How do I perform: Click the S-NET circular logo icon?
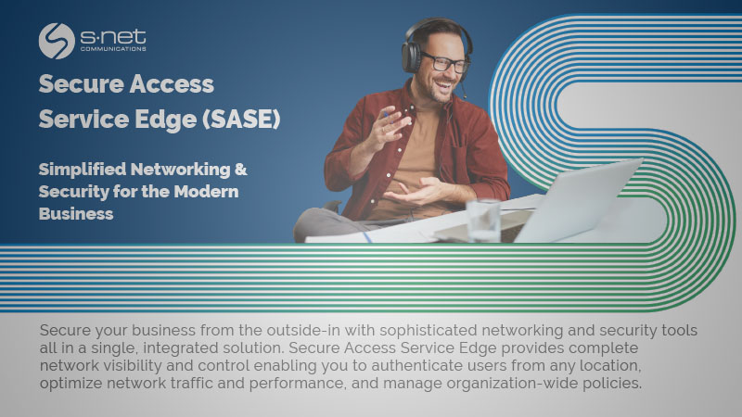pyautogui.click(x=57, y=41)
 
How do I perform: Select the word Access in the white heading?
pyautogui.click(x=170, y=84)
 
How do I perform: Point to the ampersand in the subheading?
pyautogui.click(x=239, y=171)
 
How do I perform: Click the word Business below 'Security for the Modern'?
pyautogui.click(x=76, y=213)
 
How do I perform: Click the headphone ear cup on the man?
pyautogui.click(x=413, y=55)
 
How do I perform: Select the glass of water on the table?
pyautogui.click(x=482, y=221)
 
